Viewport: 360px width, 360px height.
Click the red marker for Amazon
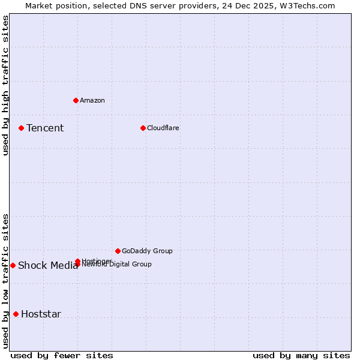(x=76, y=100)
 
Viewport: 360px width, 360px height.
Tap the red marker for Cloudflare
(x=143, y=128)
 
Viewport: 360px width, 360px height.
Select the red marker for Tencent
(x=21, y=128)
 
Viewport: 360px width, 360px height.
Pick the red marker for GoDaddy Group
(x=118, y=251)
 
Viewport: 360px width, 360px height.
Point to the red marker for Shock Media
(x=13, y=265)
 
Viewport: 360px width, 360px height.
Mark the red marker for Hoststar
(x=16, y=314)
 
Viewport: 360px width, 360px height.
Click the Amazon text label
(x=92, y=100)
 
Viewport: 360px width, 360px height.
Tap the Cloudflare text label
(x=163, y=128)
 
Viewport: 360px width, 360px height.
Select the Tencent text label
(x=45, y=128)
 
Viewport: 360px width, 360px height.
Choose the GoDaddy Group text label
(x=147, y=251)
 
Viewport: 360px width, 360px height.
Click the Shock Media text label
(x=48, y=266)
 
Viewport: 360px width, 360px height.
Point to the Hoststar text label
(x=41, y=314)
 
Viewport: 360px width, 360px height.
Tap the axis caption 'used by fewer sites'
(x=62, y=355)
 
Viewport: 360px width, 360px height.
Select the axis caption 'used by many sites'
(x=301, y=355)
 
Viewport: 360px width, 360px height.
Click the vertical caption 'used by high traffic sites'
(x=5, y=85)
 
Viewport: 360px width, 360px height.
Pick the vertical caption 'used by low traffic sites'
(x=5, y=280)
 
